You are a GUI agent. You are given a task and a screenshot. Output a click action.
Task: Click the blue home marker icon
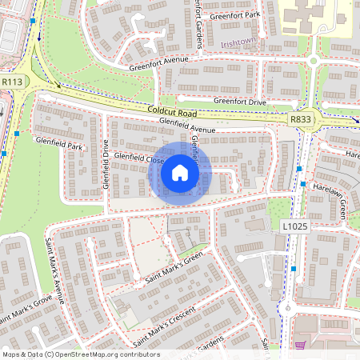pos(180,172)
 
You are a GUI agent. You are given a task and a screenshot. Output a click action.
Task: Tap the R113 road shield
pos(12,82)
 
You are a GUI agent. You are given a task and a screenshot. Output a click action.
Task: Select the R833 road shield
pos(301,119)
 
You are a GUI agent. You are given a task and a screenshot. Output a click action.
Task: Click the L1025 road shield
pos(295,227)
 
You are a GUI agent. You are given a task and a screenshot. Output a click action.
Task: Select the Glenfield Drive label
pos(105,163)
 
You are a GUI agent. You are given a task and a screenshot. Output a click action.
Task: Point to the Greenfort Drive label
pos(238,101)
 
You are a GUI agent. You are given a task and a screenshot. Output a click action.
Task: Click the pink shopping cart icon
pos(301,346)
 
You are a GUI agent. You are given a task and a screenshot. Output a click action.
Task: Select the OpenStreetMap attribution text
pos(81,354)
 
